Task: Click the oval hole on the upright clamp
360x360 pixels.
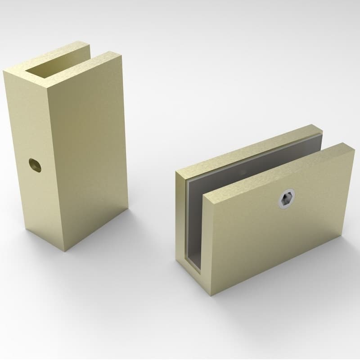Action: pyautogui.click(x=35, y=164)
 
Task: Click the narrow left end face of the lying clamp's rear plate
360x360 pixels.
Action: pyautogui.click(x=180, y=216)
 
